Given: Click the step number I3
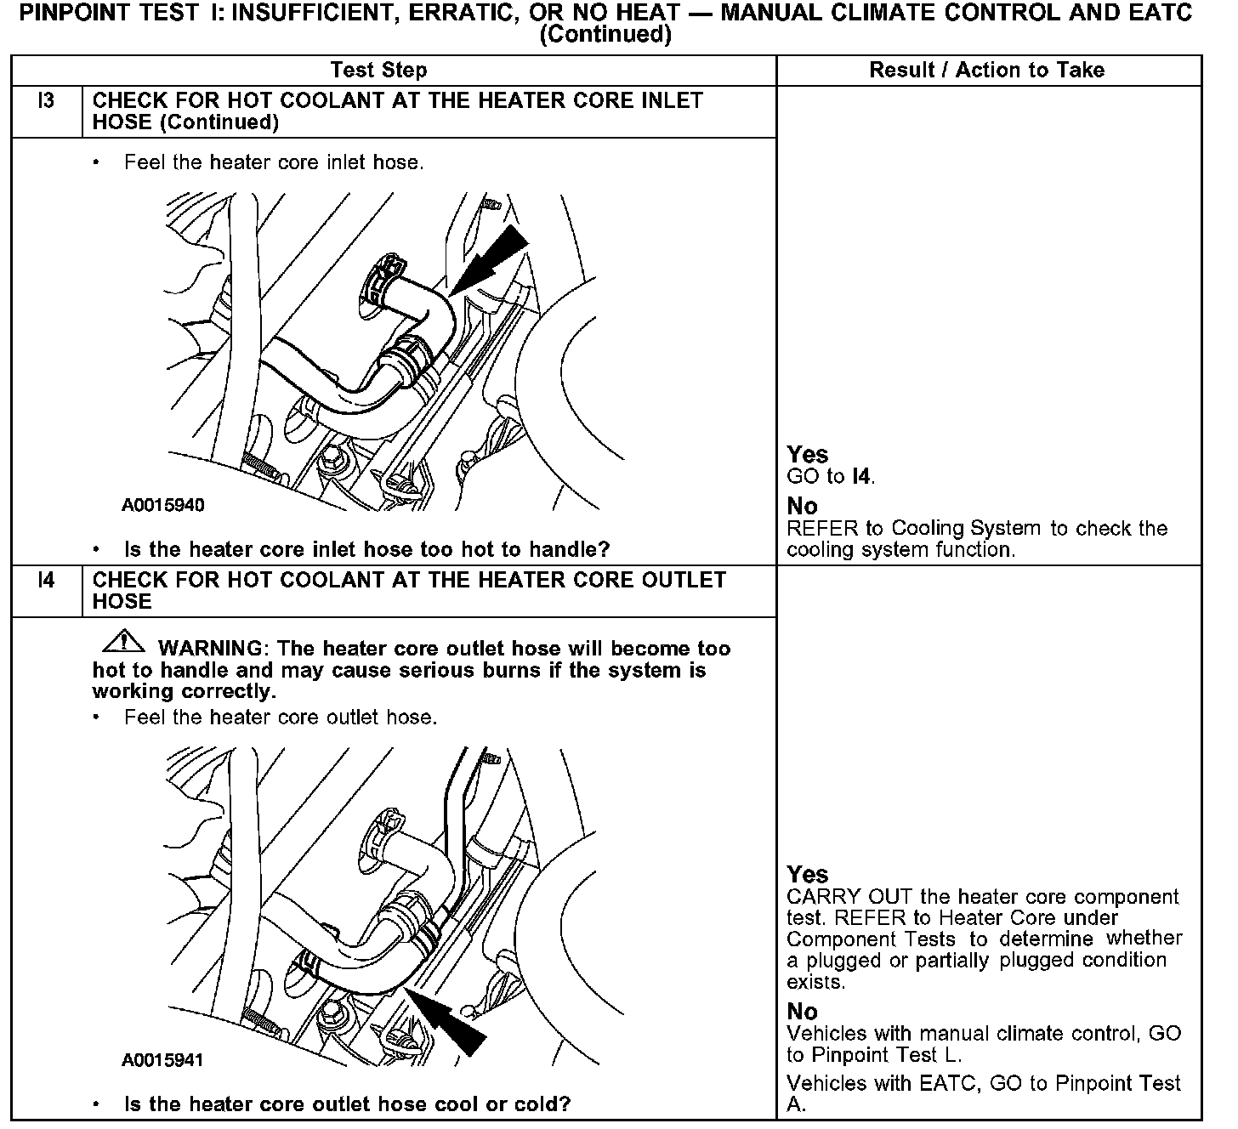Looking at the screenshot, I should (46, 101).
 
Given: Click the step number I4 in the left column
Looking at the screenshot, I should (46, 581).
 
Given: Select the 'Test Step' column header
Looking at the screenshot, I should (378, 71).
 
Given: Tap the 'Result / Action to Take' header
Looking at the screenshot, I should (986, 71).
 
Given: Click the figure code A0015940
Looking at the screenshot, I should (162, 506).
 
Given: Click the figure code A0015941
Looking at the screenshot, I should (162, 1060).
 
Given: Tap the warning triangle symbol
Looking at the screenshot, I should (122, 640).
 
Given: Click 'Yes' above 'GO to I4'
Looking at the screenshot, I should (807, 455).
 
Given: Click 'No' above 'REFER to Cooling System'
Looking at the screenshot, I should (802, 507).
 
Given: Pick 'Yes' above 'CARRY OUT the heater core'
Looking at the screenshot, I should (807, 875).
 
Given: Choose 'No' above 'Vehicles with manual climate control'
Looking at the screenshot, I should (802, 1012).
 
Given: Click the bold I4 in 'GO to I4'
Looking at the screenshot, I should (861, 477).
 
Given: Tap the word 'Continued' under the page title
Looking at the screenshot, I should (605, 35).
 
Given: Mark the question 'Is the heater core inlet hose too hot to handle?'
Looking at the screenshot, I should (366, 549).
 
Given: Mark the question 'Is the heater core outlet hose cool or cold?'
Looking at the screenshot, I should (347, 1104).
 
